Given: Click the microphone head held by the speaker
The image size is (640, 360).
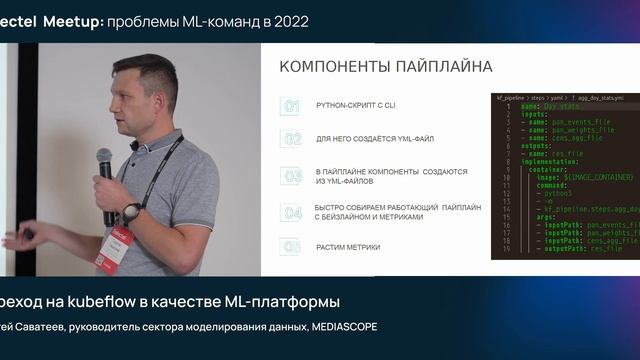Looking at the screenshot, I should [104, 158].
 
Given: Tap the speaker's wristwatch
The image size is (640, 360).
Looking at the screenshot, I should [131, 212].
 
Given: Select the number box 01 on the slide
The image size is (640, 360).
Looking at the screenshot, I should [290, 106].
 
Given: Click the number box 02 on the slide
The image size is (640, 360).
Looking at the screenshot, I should [290, 139].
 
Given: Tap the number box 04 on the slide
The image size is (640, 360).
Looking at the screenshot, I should [290, 212].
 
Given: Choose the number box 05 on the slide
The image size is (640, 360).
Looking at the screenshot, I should [290, 246].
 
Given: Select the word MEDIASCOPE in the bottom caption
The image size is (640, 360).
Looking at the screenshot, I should [345, 327].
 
